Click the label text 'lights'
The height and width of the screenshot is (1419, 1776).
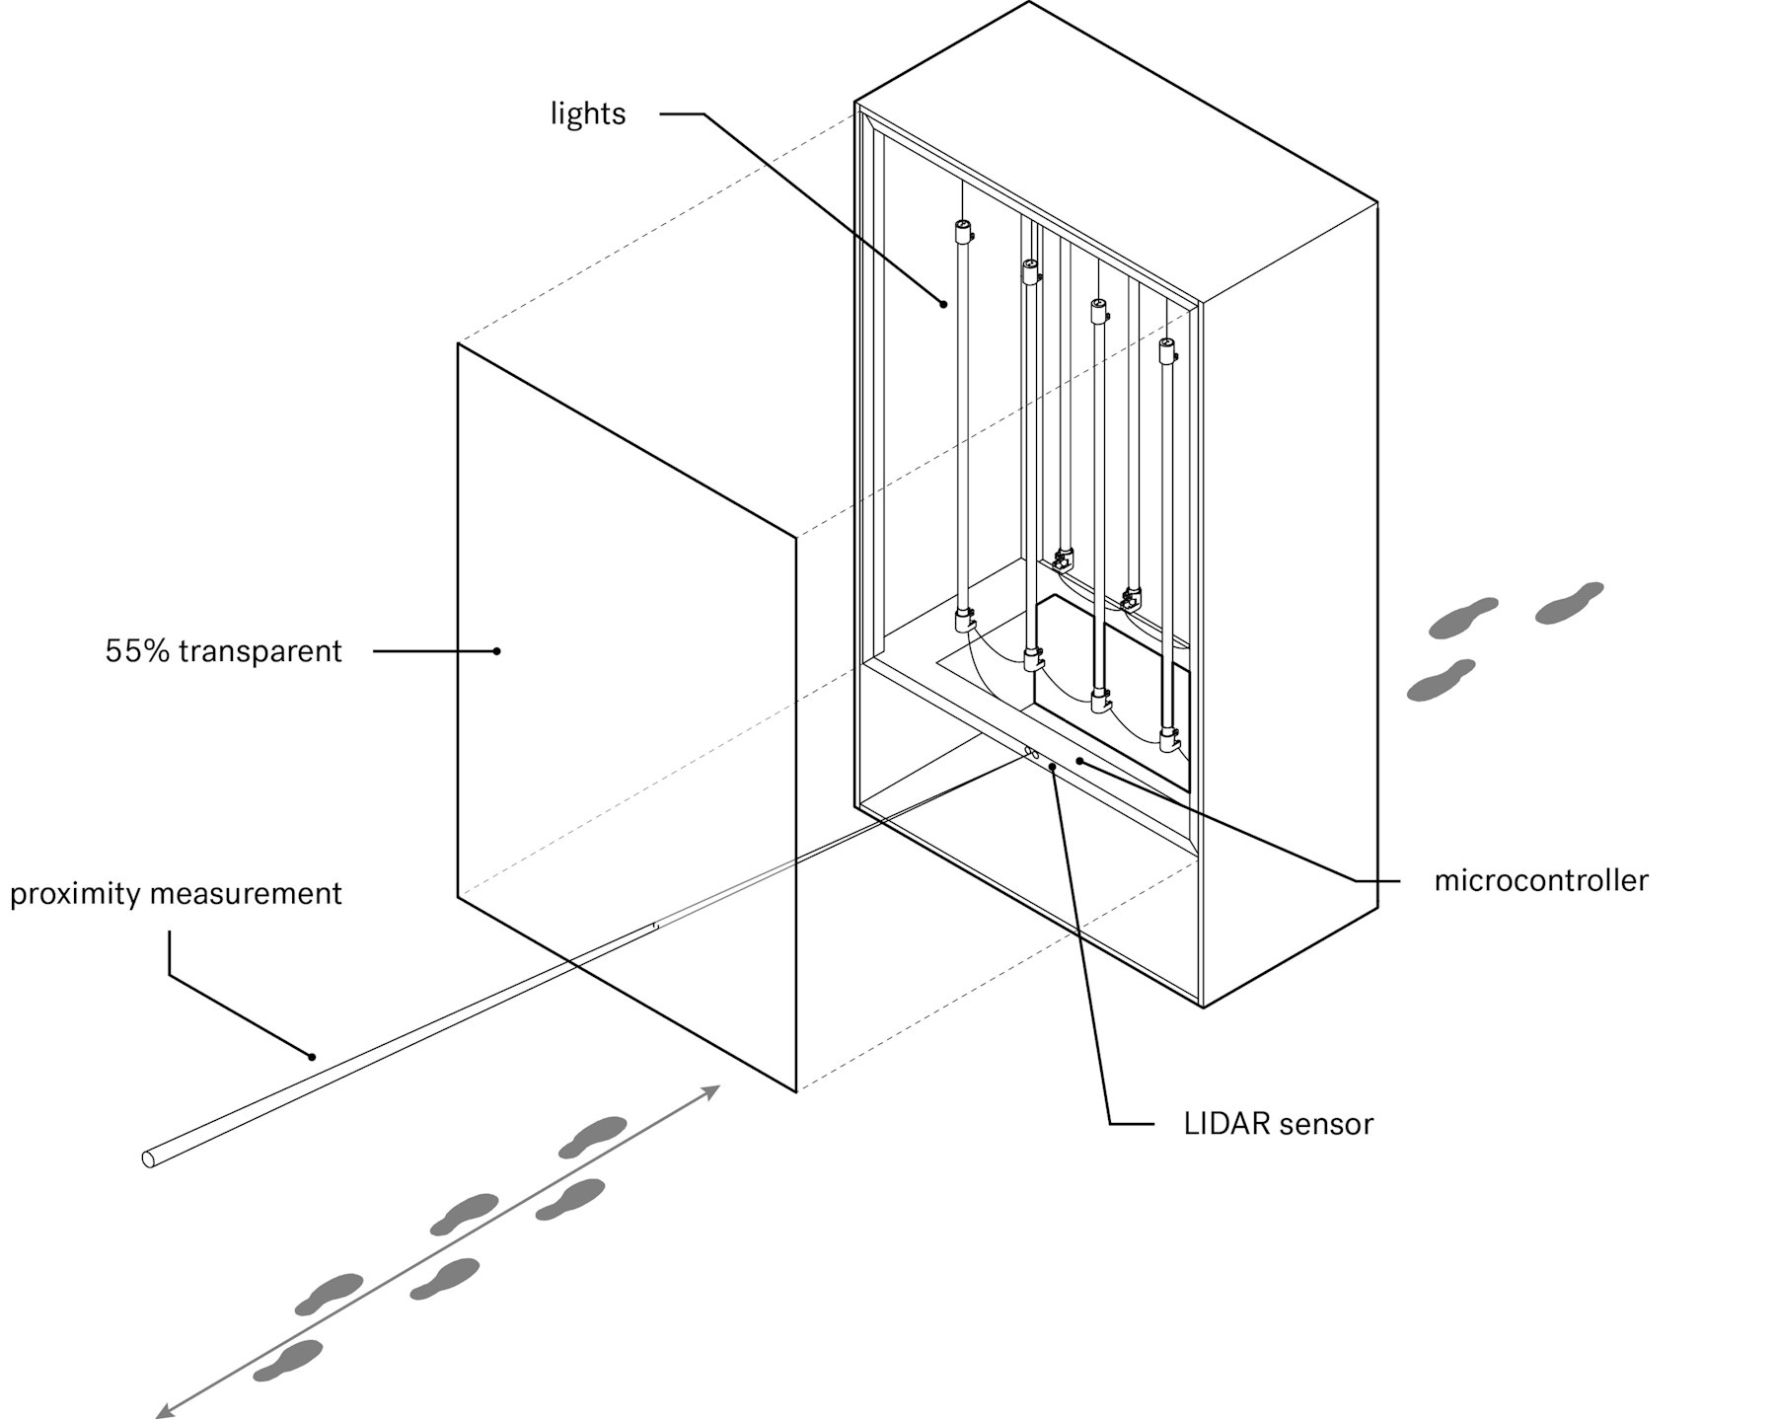[588, 113]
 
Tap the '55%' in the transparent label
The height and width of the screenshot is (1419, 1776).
[137, 651]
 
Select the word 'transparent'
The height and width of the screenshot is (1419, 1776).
[260, 651]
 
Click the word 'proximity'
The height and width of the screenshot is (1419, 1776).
[74, 894]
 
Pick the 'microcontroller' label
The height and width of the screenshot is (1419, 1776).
[1540, 880]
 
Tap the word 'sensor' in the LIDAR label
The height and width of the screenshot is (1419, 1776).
[1325, 1124]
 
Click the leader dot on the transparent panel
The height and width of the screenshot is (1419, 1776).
[497, 651]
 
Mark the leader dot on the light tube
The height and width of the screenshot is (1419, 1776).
[944, 304]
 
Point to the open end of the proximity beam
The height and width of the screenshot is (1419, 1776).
[149, 1158]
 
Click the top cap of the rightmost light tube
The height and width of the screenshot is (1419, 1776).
[1167, 348]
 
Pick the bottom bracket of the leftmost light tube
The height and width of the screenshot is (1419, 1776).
[964, 622]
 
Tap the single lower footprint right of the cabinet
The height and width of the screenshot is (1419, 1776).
[1441, 680]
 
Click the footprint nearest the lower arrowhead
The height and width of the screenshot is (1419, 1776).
[288, 1360]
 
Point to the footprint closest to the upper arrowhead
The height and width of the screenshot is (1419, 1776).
[593, 1136]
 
